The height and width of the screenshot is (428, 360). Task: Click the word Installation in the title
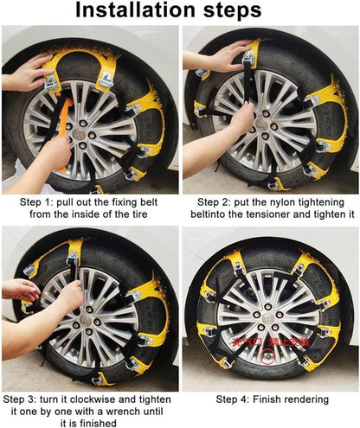[138, 11]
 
